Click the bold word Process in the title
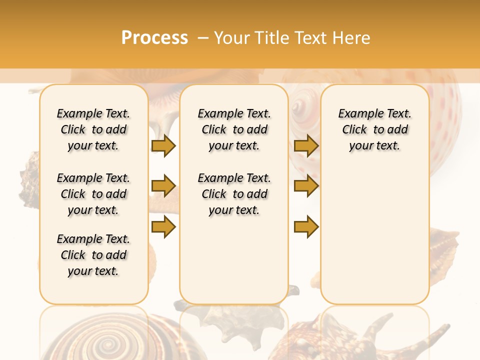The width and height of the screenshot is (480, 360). (x=154, y=38)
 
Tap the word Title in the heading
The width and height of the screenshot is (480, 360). (x=273, y=38)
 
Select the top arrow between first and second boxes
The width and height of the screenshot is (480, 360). (x=163, y=145)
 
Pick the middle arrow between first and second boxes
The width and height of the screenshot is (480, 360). (x=163, y=186)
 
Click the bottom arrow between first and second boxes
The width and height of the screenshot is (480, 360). (x=163, y=227)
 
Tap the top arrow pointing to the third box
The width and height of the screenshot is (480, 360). (x=306, y=145)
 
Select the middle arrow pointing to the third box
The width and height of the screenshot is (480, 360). (x=306, y=186)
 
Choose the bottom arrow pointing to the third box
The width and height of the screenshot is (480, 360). (x=306, y=227)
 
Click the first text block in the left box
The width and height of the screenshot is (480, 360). (x=93, y=129)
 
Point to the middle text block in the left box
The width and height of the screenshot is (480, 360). (x=93, y=194)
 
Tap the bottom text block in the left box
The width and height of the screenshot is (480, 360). (x=93, y=255)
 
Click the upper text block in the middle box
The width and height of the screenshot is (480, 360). (x=234, y=129)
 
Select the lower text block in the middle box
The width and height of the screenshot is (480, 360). (x=234, y=194)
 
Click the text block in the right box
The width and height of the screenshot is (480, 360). (x=374, y=129)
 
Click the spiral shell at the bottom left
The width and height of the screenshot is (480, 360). (x=107, y=342)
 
